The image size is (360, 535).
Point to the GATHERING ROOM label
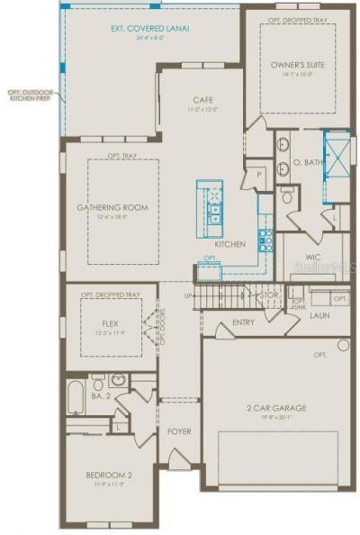[112, 207]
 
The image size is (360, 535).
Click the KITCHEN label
[229, 244]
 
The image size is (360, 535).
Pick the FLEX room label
[111, 322]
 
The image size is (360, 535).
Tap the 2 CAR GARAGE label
[277, 408]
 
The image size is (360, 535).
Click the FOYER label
[179, 431]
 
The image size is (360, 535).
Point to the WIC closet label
[301, 257]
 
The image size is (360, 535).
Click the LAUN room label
[319, 316]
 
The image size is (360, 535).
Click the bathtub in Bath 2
[76, 396]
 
